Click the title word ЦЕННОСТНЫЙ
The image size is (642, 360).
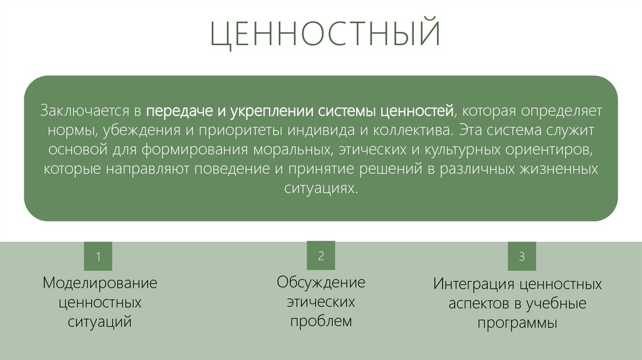pyautogui.click(x=325, y=35)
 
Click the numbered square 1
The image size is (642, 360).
pyautogui.click(x=98, y=257)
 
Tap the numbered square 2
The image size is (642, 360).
pyautogui.click(x=321, y=255)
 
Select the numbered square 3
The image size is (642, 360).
pyautogui.click(x=522, y=257)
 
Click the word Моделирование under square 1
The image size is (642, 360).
pyautogui.click(x=100, y=283)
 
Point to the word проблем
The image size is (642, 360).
pyautogui.click(x=321, y=322)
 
